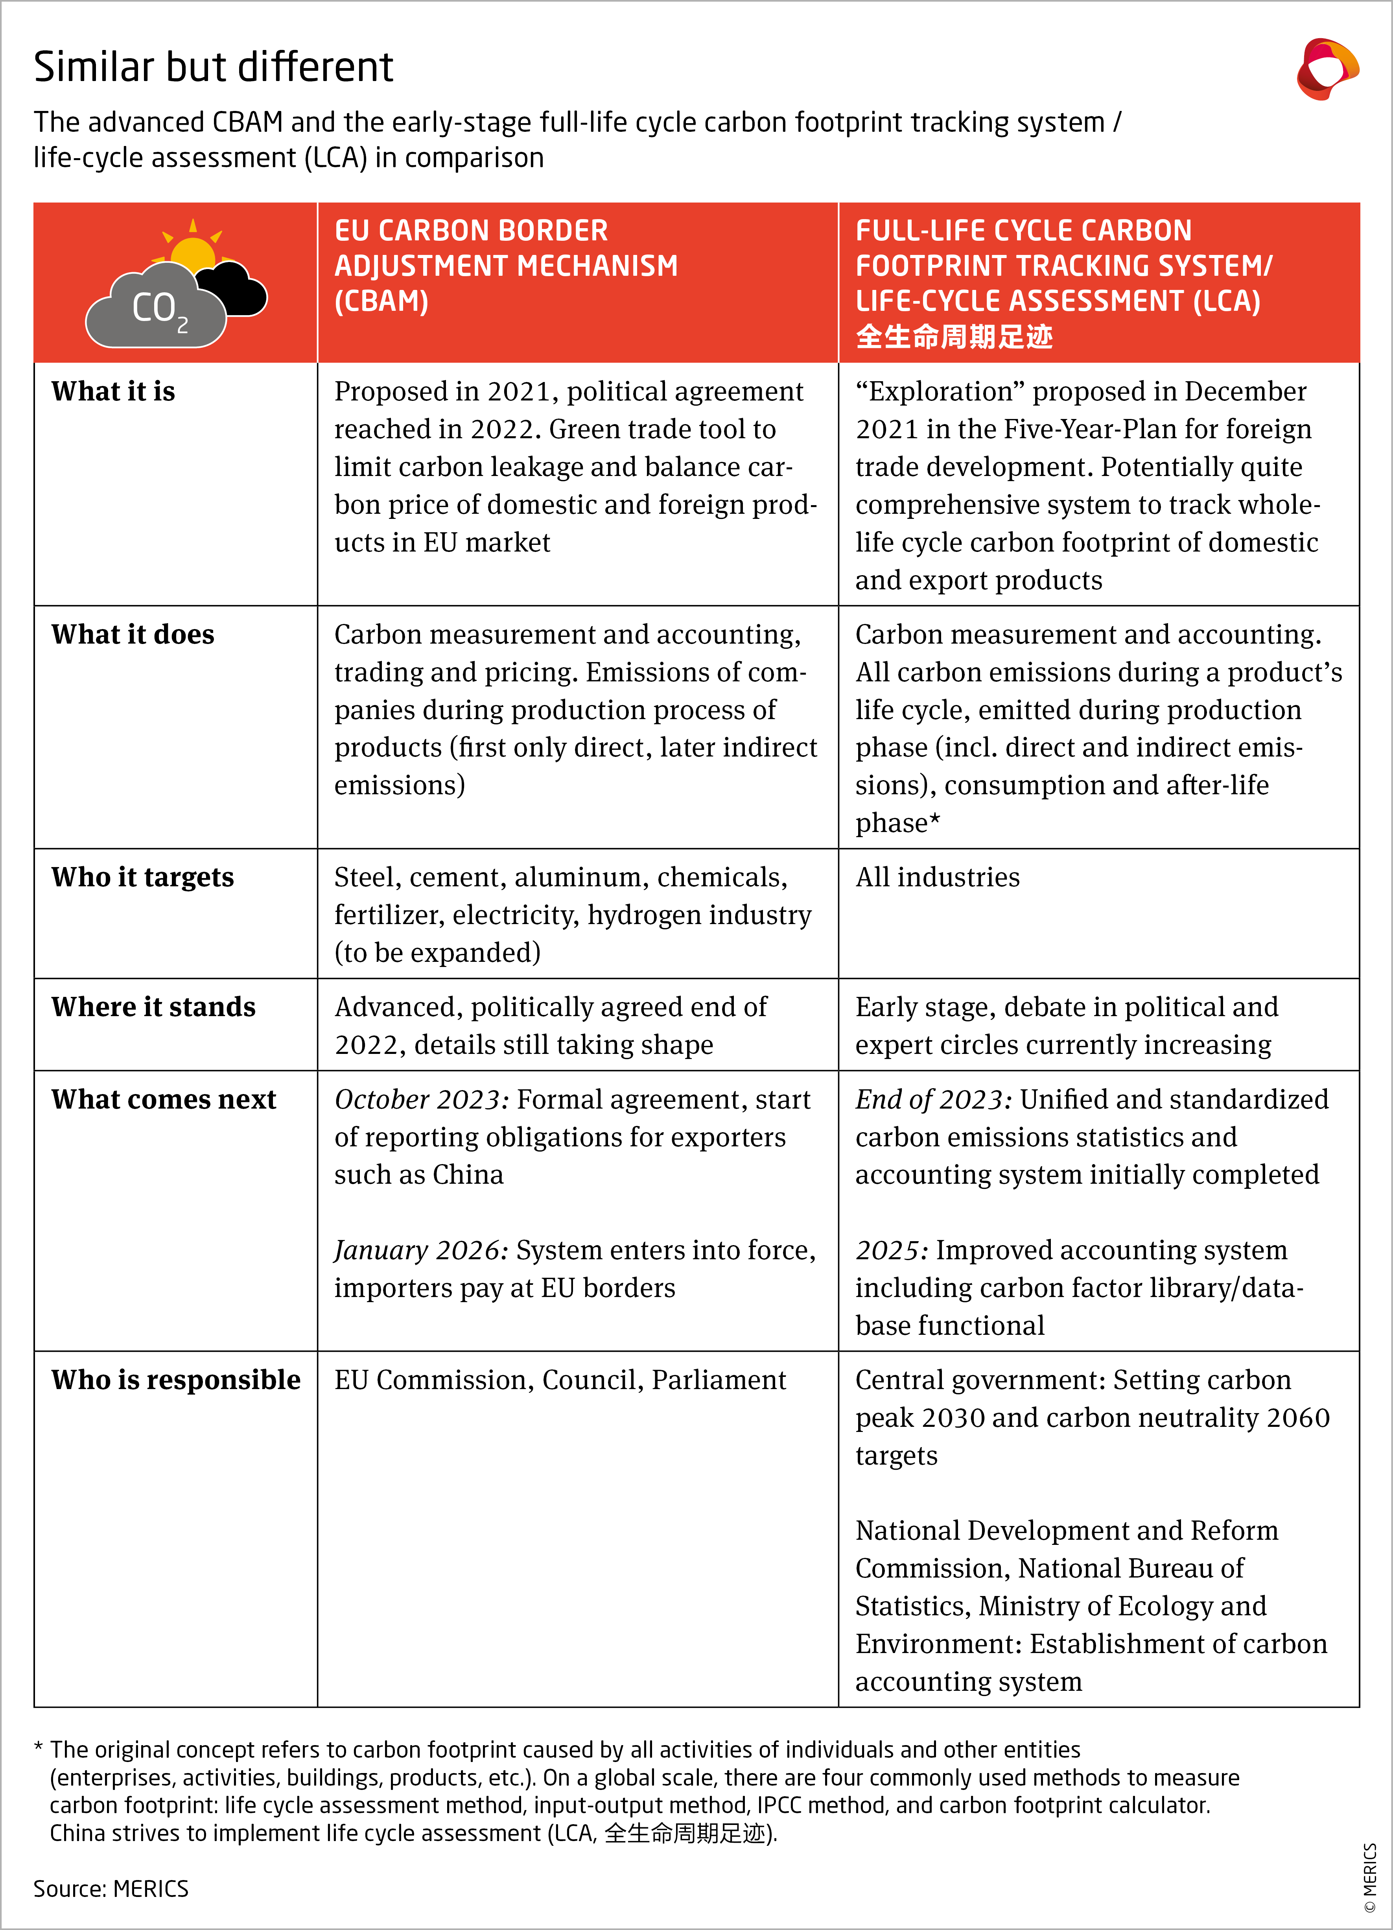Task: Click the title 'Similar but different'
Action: (213, 67)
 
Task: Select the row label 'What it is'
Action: (113, 391)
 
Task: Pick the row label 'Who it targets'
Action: (142, 877)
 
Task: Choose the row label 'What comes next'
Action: (163, 1100)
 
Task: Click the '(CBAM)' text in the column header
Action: (381, 301)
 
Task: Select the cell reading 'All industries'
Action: (937, 877)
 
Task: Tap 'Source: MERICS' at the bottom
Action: (111, 1888)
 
